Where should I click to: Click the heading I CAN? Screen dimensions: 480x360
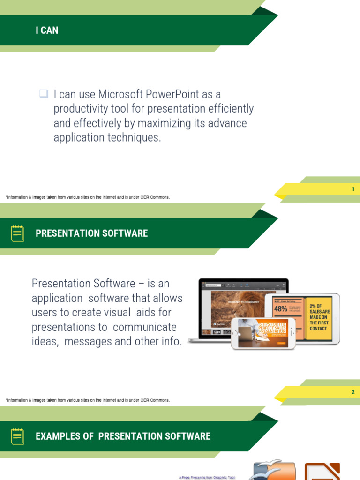pyautogui.click(x=47, y=30)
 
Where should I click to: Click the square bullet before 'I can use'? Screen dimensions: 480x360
pyautogui.click(x=44, y=94)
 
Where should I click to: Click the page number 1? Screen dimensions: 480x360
pyautogui.click(x=353, y=189)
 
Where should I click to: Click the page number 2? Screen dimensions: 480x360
pyautogui.click(x=353, y=392)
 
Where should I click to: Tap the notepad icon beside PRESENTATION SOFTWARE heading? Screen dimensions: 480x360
pyautogui.click(x=18, y=233)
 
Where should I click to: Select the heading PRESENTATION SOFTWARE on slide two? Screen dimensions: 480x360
pyautogui.click(x=91, y=233)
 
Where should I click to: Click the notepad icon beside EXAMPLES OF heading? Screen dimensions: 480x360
pyautogui.click(x=18, y=436)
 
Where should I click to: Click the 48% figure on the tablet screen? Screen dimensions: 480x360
pyautogui.click(x=281, y=308)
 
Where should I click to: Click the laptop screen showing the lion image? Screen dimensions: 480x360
pyautogui.click(x=234, y=305)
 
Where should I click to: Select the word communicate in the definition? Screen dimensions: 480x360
pyautogui.click(x=145, y=327)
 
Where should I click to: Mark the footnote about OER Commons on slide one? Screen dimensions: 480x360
pyautogui.click(x=88, y=197)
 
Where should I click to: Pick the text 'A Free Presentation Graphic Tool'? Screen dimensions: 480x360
pyautogui.click(x=207, y=478)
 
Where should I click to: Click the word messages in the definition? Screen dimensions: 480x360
pyautogui.click(x=89, y=341)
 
